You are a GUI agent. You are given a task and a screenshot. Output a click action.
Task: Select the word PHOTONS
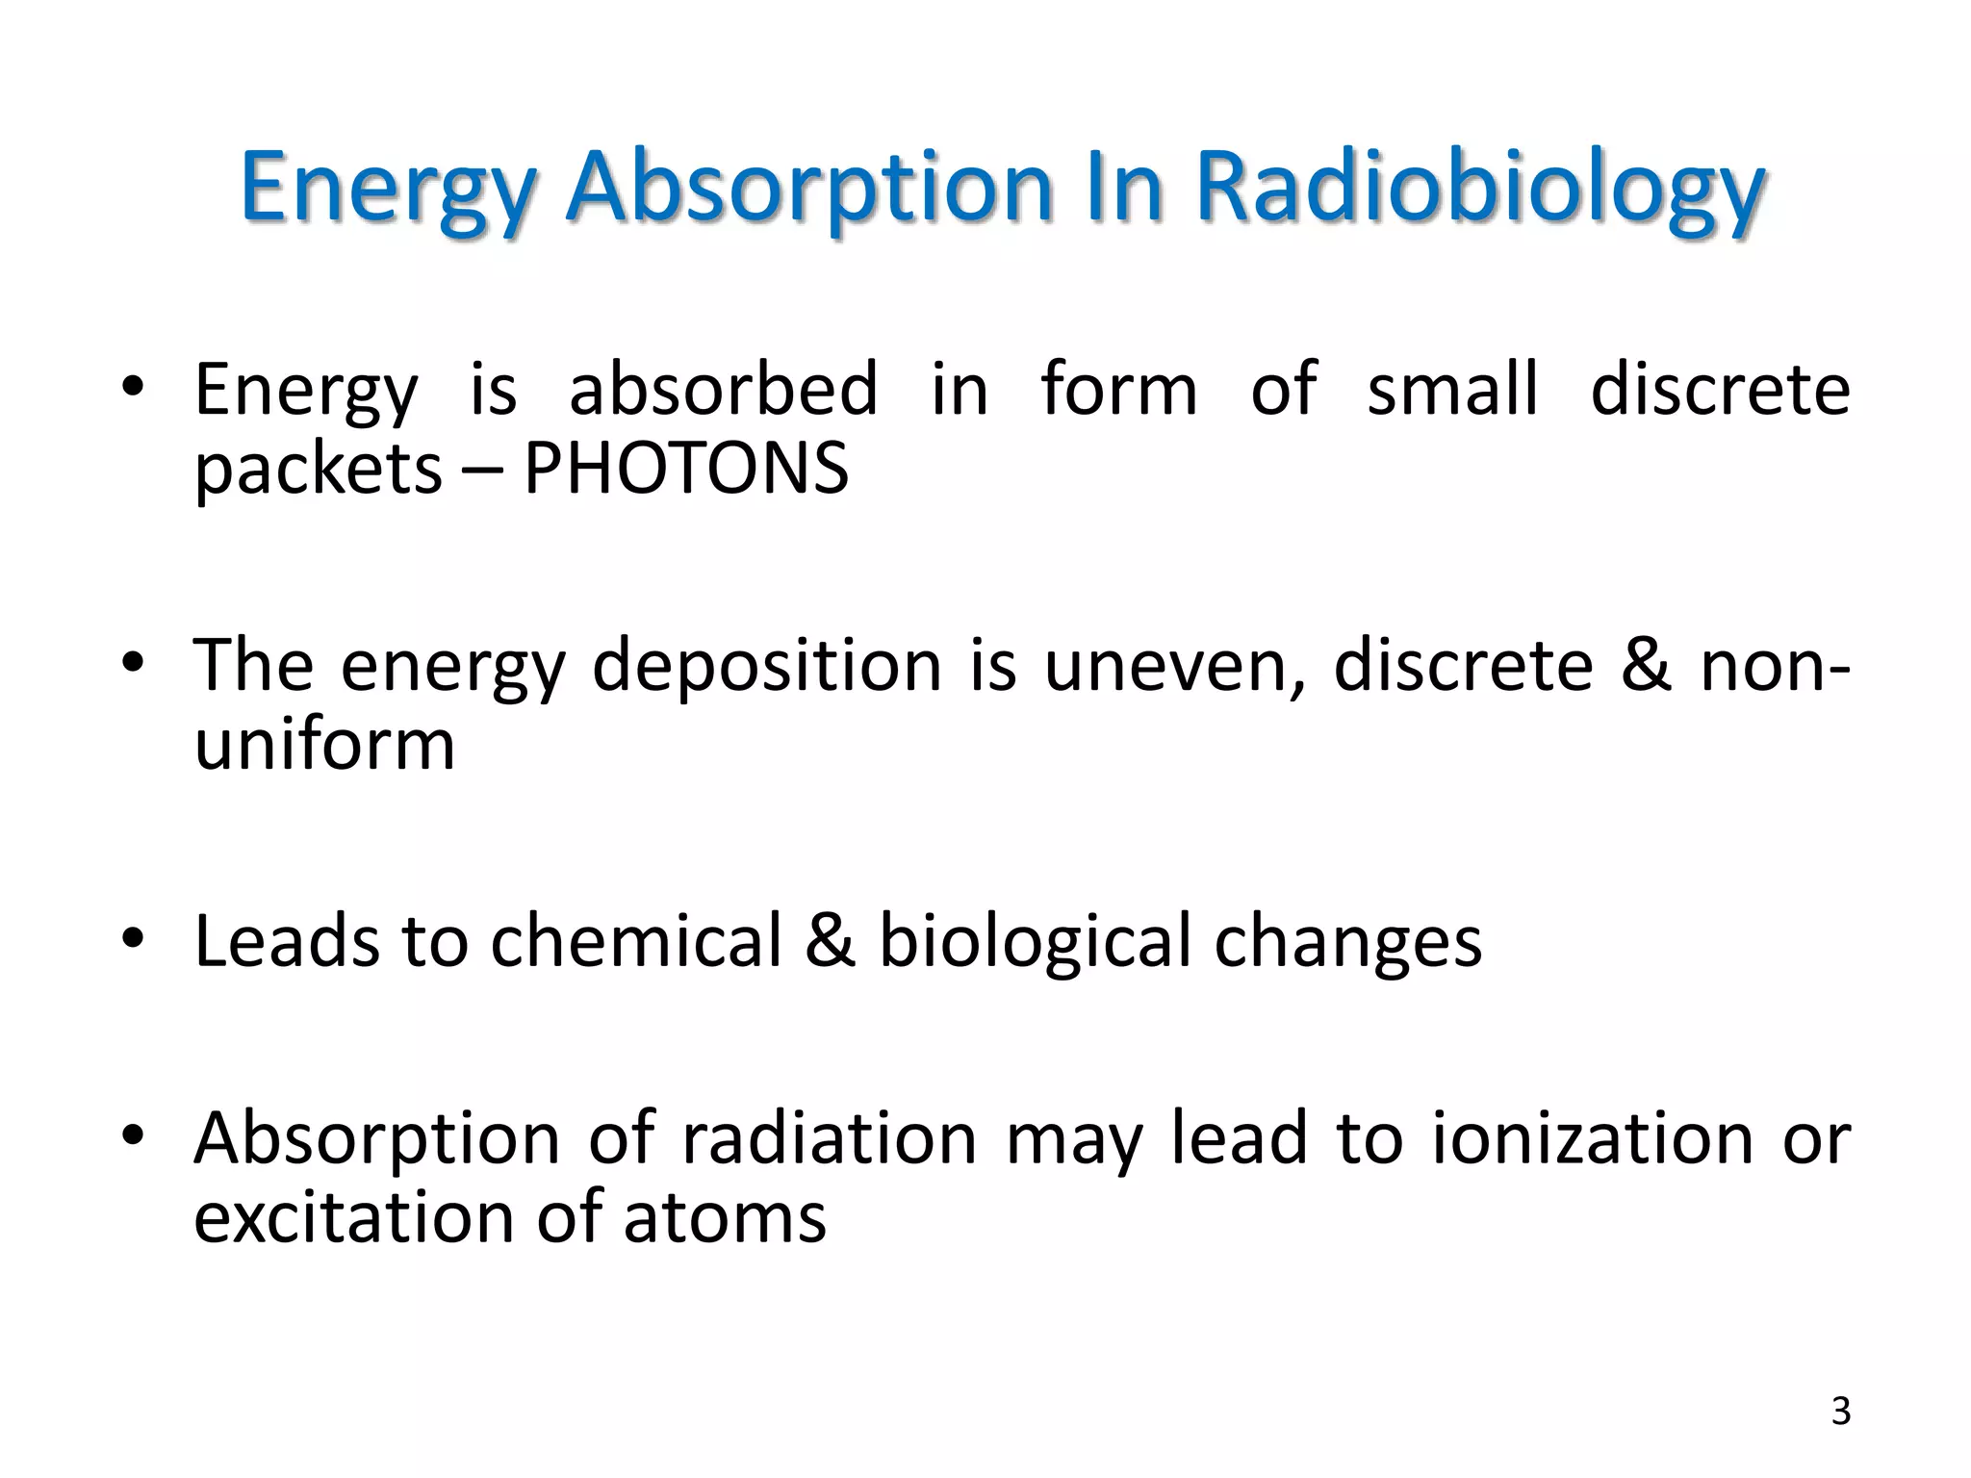(x=686, y=470)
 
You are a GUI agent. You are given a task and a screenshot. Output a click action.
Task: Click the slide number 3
(x=1840, y=1412)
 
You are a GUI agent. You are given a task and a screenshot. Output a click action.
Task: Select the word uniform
(x=324, y=745)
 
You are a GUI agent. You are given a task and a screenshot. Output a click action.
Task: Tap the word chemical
(x=636, y=940)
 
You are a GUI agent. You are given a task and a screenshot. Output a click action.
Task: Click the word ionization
(x=1593, y=1138)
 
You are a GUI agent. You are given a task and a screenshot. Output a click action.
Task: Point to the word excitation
(x=353, y=1218)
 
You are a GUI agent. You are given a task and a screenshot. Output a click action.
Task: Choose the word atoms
(x=725, y=1218)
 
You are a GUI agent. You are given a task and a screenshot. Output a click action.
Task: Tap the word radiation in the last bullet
(x=830, y=1138)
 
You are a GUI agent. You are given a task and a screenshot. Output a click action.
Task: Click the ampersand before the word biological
(x=831, y=940)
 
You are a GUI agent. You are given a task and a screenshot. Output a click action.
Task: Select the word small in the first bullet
(x=1452, y=389)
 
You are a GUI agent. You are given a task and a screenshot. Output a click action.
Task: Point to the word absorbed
(x=723, y=389)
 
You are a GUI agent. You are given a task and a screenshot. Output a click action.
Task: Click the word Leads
(x=286, y=940)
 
